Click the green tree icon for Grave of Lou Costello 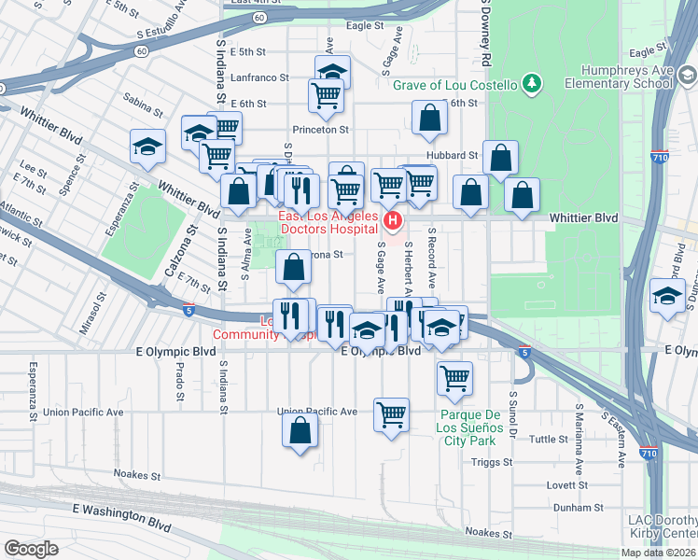(532, 85)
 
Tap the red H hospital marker (393, 221)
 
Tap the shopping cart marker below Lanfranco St (326, 94)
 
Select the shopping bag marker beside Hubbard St (501, 160)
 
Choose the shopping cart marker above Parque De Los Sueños (454, 378)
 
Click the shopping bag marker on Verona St (293, 266)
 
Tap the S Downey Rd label (485, 33)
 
